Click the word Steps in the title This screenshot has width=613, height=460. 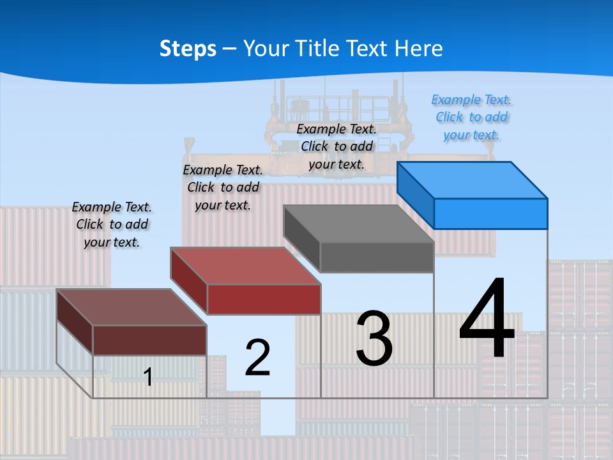[x=188, y=49]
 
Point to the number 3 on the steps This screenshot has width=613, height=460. [x=374, y=339]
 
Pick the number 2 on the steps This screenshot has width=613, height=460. [x=257, y=357]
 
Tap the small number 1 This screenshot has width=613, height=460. [x=148, y=377]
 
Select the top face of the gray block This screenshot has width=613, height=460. [x=359, y=224]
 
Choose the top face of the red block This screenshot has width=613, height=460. [x=245, y=266]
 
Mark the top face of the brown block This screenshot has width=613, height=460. [x=132, y=307]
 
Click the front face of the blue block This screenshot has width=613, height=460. [x=490, y=213]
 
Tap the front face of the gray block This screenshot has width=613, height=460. [x=377, y=257]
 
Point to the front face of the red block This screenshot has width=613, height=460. [x=264, y=300]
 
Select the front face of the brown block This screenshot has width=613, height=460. [x=149, y=340]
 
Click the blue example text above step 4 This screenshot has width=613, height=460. [x=472, y=118]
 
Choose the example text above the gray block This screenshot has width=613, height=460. [x=337, y=146]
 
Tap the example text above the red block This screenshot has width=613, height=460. [x=223, y=188]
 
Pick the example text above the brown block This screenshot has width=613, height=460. [x=112, y=224]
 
